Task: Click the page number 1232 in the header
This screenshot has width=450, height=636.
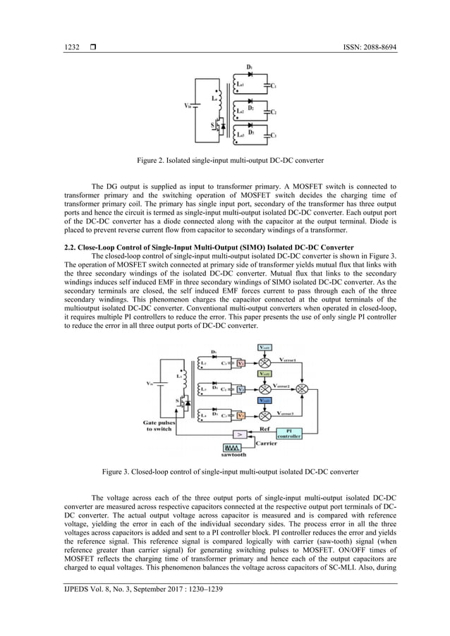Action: (71, 47)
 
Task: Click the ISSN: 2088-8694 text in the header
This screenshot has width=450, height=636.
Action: (365, 47)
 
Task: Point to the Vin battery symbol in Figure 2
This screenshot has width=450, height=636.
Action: (195, 106)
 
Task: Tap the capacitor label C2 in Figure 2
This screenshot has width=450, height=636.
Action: (274, 112)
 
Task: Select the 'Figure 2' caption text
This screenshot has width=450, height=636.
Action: (224, 160)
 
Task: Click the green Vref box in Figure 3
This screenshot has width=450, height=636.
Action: (264, 374)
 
